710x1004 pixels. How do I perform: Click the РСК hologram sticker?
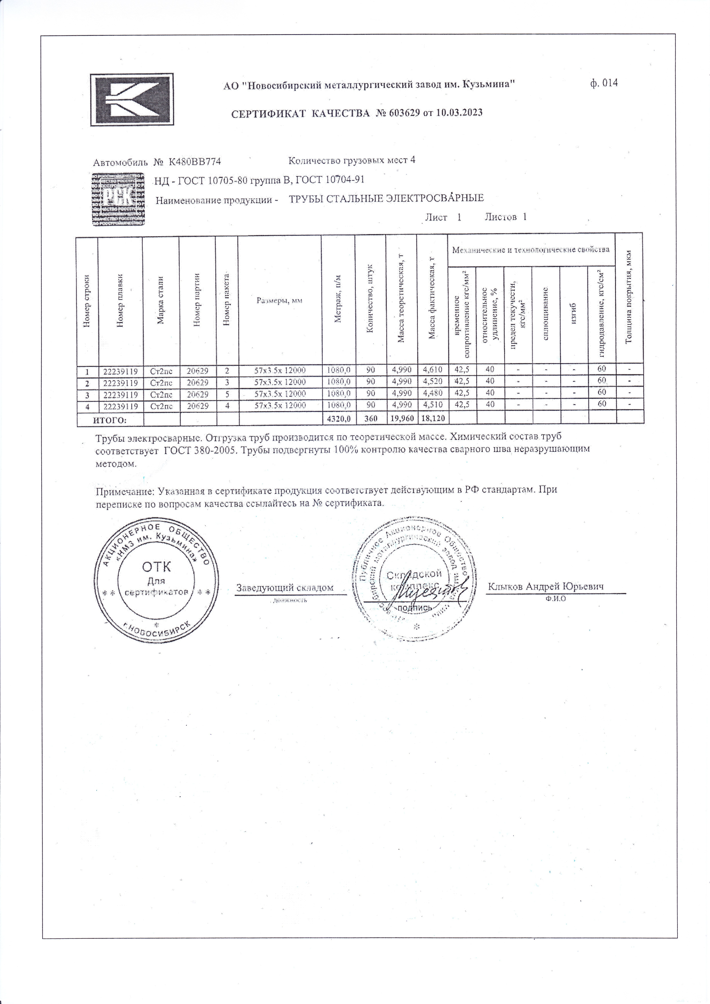click(x=119, y=199)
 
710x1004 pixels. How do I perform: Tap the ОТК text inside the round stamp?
click(x=156, y=567)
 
